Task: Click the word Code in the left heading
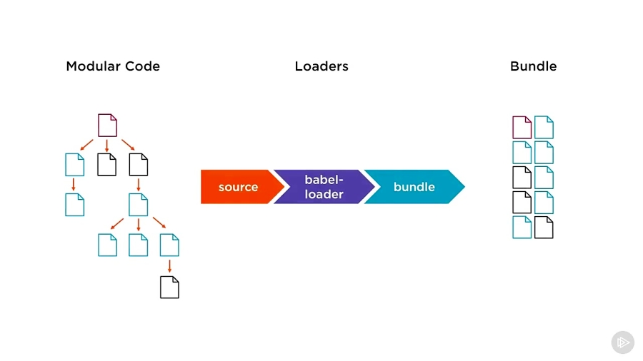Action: click(x=144, y=66)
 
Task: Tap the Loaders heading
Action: click(x=321, y=66)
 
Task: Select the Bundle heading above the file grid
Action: click(x=533, y=66)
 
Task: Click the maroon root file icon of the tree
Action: click(x=107, y=126)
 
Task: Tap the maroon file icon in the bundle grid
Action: click(x=522, y=127)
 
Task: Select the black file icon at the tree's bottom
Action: click(x=169, y=287)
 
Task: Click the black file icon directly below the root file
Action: click(x=106, y=165)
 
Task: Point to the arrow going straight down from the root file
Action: click(x=106, y=145)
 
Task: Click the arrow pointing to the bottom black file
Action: click(x=169, y=265)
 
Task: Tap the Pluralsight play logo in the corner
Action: click(x=622, y=342)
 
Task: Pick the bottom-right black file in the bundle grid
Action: click(x=544, y=227)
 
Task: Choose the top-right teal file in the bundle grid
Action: click(x=544, y=127)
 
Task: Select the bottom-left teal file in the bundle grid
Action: click(x=522, y=227)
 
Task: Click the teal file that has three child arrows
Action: click(x=138, y=205)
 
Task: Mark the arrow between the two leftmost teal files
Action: click(x=74, y=184)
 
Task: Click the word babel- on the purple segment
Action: click(x=324, y=180)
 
